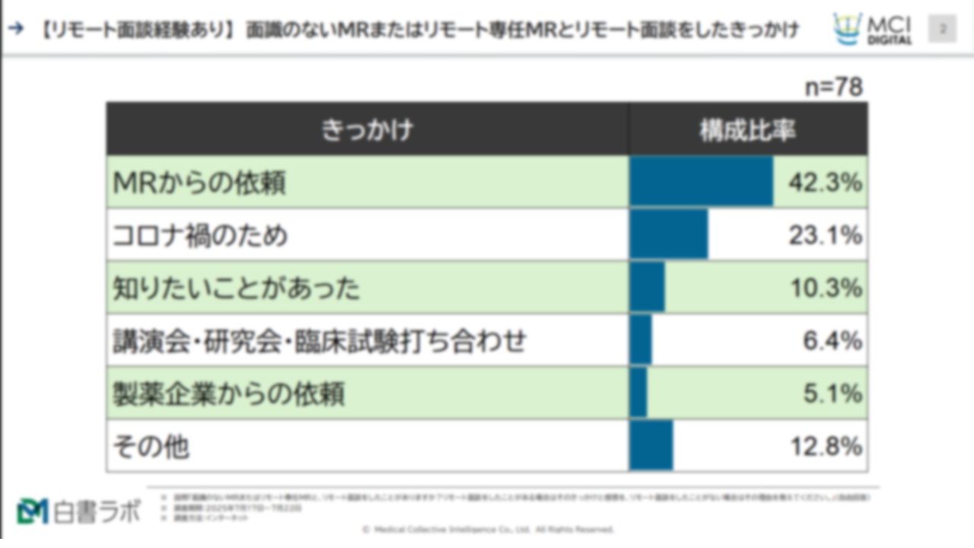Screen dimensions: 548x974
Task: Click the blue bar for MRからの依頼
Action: click(701, 182)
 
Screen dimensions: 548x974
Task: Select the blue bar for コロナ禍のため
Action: click(668, 235)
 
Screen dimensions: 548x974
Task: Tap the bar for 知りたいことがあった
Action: click(647, 288)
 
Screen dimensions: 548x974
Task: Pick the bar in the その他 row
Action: click(651, 446)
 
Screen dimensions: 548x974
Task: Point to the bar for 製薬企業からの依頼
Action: click(638, 393)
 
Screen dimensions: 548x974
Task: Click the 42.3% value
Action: click(825, 183)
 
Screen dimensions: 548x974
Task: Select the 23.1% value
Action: click(825, 236)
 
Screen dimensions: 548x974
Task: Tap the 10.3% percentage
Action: click(825, 288)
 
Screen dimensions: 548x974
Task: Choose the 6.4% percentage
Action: click(832, 341)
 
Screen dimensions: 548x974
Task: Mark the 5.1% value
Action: click(832, 393)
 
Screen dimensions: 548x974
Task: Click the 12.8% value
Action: click(825, 447)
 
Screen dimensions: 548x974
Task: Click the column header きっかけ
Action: click(367, 129)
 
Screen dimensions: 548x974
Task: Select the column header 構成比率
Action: click(747, 129)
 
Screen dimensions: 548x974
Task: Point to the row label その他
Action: click(151, 447)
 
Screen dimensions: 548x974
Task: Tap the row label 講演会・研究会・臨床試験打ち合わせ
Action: click(319, 341)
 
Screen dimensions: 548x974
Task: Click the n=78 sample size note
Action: click(834, 88)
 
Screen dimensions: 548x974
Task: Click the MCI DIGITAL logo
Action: click(873, 29)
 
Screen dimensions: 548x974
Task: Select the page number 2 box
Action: click(943, 29)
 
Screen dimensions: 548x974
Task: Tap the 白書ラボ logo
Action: click(78, 511)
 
